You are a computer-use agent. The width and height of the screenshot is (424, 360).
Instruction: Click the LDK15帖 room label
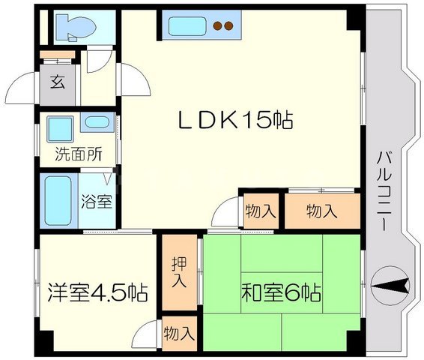(235, 120)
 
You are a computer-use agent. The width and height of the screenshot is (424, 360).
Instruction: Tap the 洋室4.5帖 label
(97, 292)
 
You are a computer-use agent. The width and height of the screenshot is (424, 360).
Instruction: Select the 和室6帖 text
(282, 292)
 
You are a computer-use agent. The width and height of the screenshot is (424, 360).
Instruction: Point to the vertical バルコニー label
(384, 191)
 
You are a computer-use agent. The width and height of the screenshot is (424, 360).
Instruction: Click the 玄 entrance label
(58, 82)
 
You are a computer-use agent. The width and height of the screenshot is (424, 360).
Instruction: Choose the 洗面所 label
(79, 154)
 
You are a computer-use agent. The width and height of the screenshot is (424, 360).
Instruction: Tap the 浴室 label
(97, 201)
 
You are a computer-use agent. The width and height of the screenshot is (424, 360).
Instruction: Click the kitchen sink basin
(187, 26)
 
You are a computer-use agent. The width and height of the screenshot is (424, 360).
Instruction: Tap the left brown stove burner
(217, 25)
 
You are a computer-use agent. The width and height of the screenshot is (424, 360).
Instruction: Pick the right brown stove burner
(228, 25)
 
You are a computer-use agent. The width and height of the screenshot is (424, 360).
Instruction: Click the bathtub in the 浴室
(58, 200)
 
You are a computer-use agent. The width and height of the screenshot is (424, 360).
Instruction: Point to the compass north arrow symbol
(390, 286)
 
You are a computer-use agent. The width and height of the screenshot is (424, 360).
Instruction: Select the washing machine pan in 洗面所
(60, 129)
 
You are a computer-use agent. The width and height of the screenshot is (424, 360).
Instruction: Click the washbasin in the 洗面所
(97, 122)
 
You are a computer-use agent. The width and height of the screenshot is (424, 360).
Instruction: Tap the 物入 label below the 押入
(179, 334)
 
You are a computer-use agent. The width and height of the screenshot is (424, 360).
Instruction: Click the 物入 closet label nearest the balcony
(322, 211)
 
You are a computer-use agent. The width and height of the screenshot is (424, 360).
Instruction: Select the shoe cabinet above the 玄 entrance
(58, 55)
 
